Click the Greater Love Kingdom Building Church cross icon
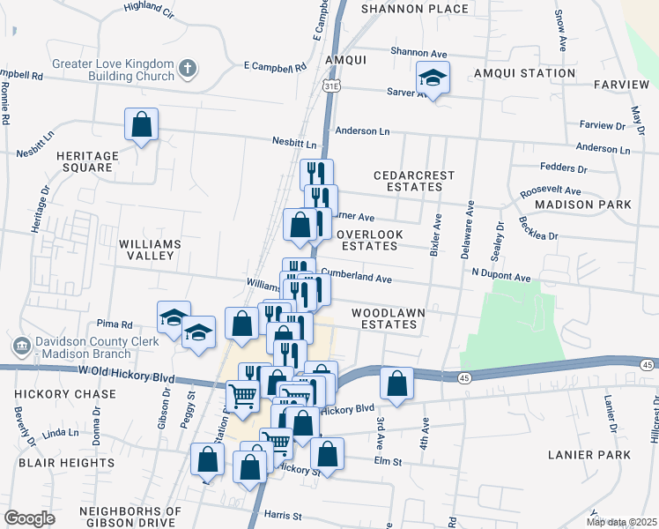[187, 69]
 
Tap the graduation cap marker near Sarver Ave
[433, 78]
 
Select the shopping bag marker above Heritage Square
[141, 126]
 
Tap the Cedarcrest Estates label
[414, 182]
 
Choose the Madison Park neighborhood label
[583, 205]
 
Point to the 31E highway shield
[330, 86]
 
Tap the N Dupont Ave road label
[500, 277]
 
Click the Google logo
[29, 518]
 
